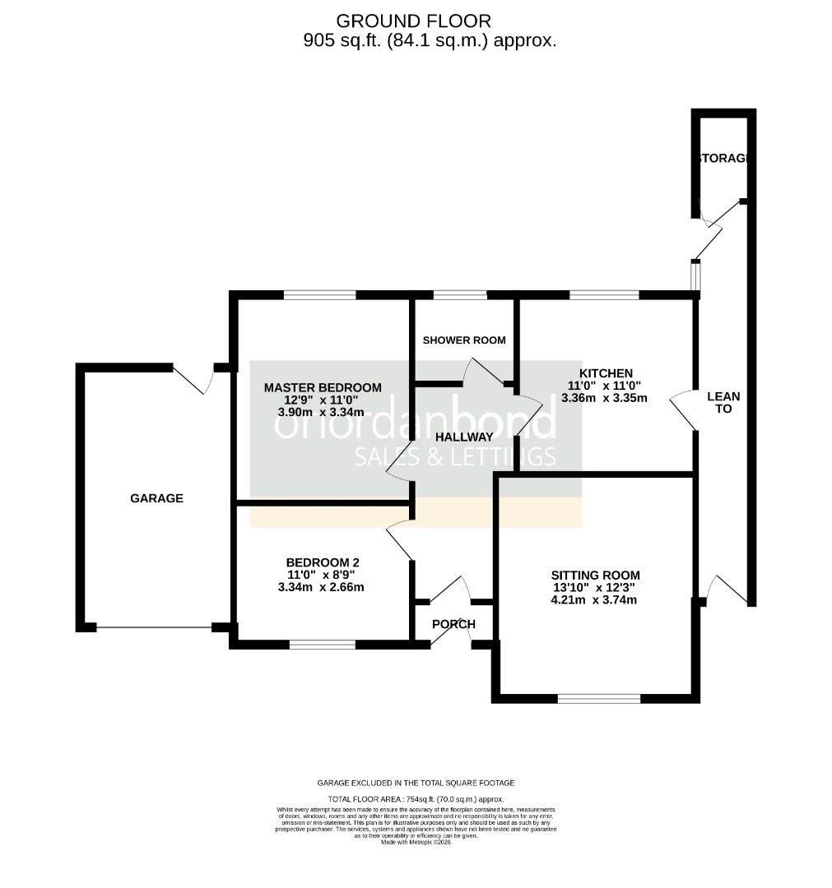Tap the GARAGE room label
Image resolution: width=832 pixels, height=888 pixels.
156,498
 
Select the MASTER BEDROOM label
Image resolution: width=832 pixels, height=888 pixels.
323,387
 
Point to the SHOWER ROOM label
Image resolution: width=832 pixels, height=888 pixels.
464,340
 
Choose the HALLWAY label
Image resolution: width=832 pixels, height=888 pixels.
464,437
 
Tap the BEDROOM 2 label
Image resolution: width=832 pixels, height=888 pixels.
322,563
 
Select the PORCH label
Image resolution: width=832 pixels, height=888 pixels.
453,624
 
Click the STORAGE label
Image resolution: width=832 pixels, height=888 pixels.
723,158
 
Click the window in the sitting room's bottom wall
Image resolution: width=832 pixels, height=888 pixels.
598,699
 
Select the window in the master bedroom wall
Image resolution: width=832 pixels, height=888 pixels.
320,294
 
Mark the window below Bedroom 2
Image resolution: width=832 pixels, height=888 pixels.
322,645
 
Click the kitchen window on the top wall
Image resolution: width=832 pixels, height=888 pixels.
604,294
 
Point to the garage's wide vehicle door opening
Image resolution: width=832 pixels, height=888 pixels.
154,628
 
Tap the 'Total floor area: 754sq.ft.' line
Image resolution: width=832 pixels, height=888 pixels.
416,799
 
